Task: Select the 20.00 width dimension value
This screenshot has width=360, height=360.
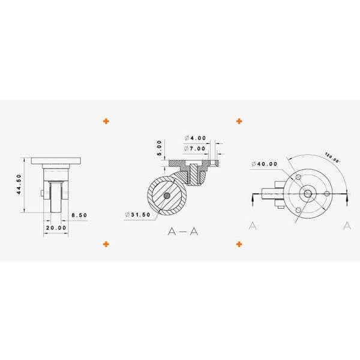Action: [x=55, y=228]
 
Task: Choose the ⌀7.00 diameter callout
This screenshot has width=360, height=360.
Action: [x=195, y=148]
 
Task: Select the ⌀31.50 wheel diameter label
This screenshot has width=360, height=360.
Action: [x=138, y=215]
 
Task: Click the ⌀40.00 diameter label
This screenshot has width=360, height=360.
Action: [x=265, y=164]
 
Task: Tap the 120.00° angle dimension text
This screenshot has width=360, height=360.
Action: [x=331, y=159]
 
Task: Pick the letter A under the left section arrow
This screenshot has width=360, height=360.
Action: [x=253, y=226]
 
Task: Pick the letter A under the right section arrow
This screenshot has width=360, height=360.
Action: [x=347, y=226]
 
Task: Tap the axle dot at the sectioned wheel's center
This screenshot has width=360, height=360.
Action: [x=167, y=196]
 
